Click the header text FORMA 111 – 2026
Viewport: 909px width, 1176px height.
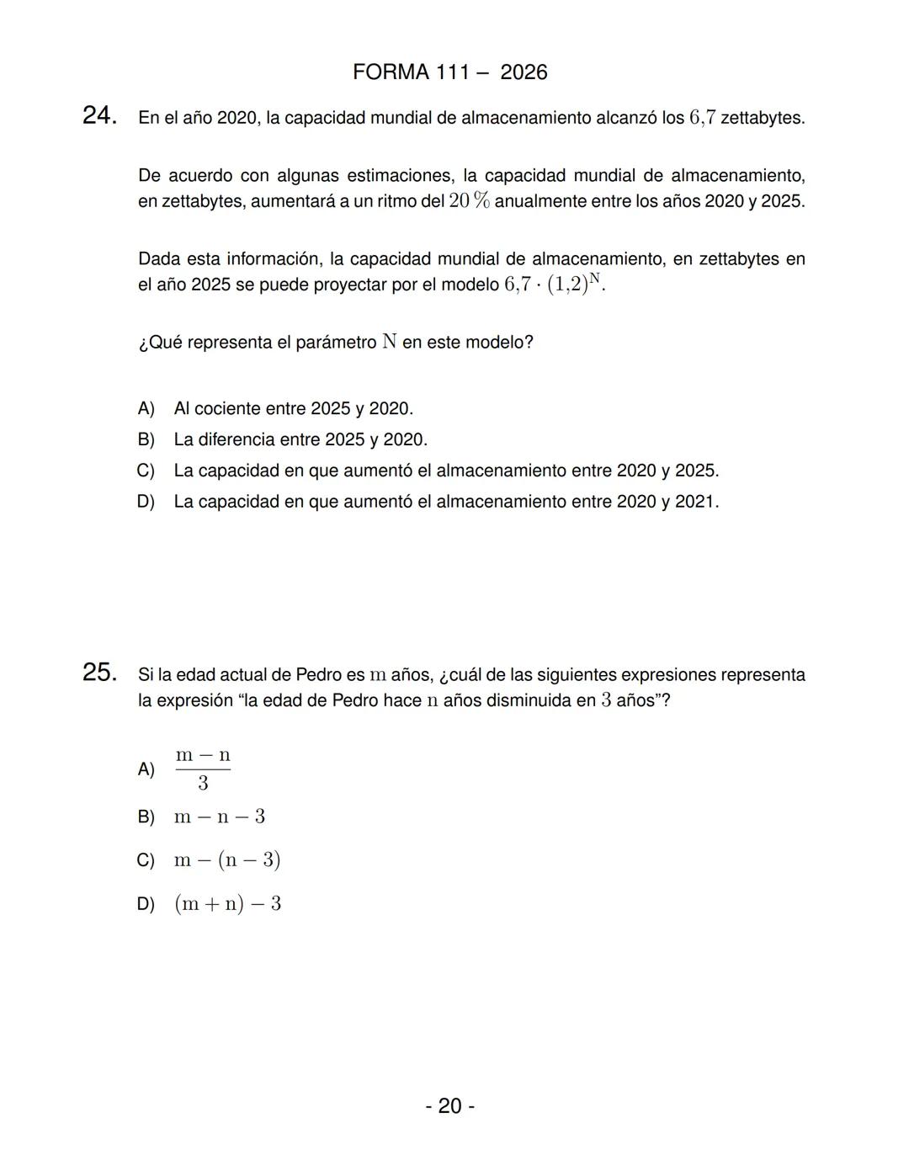[x=449, y=72]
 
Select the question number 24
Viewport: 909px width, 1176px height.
[x=99, y=116]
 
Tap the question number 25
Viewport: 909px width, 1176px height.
[x=99, y=673]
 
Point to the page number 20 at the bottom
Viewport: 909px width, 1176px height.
[x=449, y=1105]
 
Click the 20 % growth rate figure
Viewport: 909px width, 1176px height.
[x=470, y=201]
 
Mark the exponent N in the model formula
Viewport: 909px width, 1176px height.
[x=595, y=277]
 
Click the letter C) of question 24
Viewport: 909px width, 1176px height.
[x=146, y=471]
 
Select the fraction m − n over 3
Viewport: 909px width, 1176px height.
[x=203, y=769]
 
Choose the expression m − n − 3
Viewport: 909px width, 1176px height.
[x=220, y=817]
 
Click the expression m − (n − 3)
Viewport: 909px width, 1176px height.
[x=227, y=860]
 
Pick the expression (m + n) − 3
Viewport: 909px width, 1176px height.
[x=227, y=904]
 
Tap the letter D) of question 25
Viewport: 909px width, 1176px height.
[x=146, y=904]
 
